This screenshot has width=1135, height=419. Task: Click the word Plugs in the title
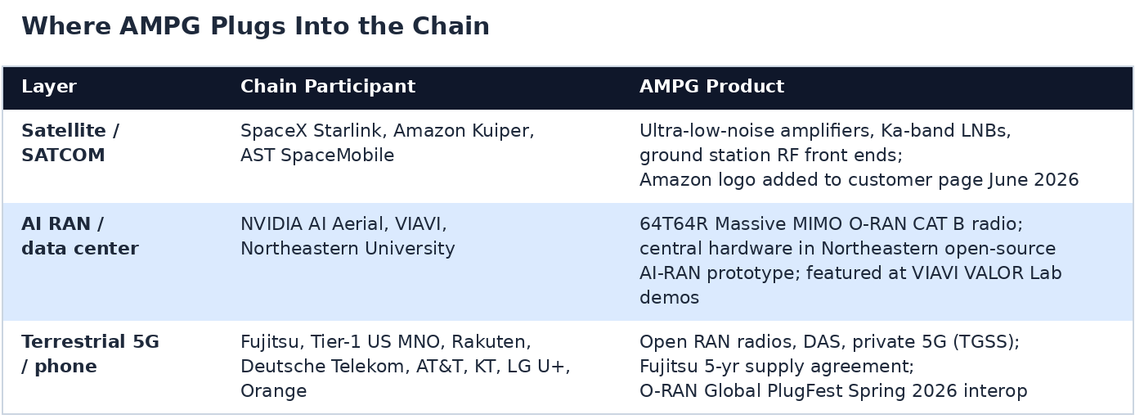click(x=249, y=27)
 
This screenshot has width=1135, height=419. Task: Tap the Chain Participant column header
click(x=328, y=87)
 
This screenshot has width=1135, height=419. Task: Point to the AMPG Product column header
click(x=712, y=87)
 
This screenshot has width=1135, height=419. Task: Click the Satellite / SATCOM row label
click(x=70, y=143)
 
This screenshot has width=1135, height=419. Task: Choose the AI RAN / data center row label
click(x=80, y=237)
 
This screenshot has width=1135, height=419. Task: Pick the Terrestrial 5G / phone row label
click(x=90, y=354)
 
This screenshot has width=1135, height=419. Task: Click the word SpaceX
click(x=274, y=131)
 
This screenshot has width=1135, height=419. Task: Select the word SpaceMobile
click(x=338, y=155)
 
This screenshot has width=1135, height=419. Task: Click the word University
click(x=410, y=249)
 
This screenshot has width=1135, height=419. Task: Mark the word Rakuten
click(x=491, y=342)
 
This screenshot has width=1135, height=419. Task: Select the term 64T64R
click(x=674, y=224)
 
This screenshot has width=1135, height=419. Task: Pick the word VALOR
click(x=994, y=273)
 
